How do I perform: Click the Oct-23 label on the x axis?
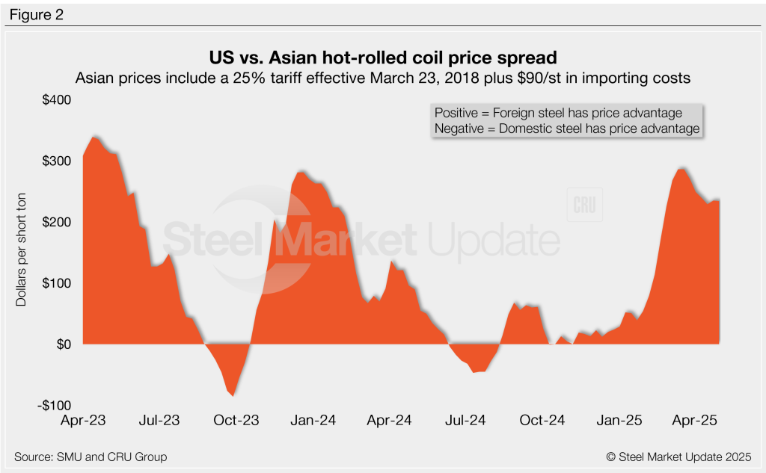pyautogui.click(x=236, y=421)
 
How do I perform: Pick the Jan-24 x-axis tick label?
pyautogui.click(x=312, y=421)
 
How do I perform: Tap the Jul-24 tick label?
pyautogui.click(x=466, y=421)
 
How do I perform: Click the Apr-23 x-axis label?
pyautogui.click(x=83, y=421)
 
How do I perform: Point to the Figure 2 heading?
pyautogui.click(x=36, y=15)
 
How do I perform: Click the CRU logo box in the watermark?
pyautogui.click(x=585, y=205)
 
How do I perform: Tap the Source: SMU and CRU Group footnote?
pyautogui.click(x=90, y=457)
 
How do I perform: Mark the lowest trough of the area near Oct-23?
pyautogui.click(x=233, y=396)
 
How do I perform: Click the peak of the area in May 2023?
pyautogui.click(x=94, y=136)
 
